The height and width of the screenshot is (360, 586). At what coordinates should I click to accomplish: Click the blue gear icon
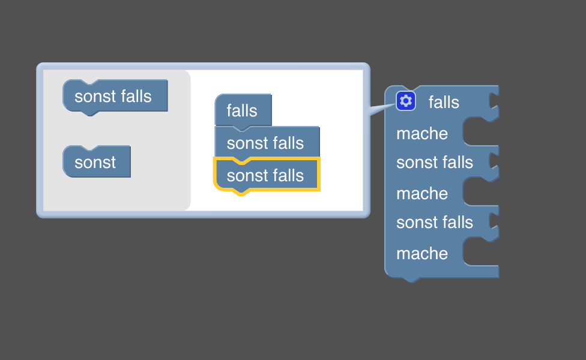405,101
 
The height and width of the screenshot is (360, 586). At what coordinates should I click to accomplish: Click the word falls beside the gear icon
444,103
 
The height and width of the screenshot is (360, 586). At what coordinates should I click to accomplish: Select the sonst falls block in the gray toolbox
115,97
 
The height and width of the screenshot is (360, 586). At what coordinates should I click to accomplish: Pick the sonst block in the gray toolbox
97,162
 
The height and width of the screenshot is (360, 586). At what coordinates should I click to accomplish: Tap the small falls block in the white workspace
243,110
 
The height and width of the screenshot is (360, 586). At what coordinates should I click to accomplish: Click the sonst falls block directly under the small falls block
267,143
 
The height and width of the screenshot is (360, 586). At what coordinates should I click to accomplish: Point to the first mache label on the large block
422,134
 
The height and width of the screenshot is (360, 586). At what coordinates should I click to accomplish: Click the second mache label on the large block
422,194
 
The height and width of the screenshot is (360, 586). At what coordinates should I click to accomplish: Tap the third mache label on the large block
422,254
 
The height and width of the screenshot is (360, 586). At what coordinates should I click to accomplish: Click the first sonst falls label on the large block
435,163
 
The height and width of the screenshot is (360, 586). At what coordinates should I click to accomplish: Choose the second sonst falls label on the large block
435,223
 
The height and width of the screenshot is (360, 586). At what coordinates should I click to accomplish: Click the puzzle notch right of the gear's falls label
494,102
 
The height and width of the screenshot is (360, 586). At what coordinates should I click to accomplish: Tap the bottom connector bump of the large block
411,280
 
